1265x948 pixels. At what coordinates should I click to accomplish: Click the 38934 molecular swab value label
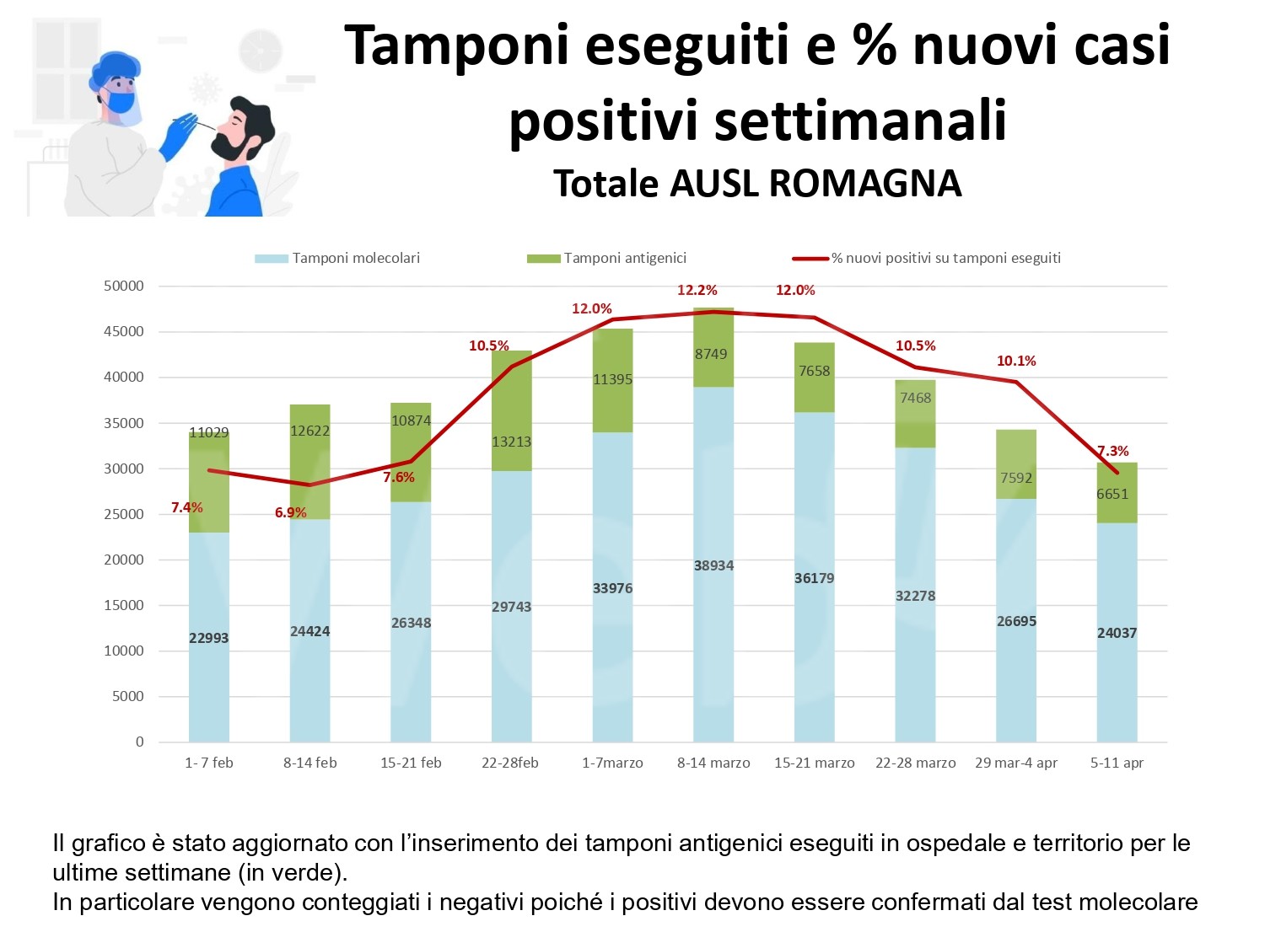pos(713,565)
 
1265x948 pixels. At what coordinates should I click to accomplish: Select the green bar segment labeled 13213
pos(512,410)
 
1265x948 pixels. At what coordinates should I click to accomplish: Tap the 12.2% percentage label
pos(697,290)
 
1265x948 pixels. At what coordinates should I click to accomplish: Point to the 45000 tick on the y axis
pos(124,331)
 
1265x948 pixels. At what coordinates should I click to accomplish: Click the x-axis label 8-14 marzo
pos(713,763)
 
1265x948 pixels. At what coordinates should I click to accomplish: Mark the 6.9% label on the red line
pos(291,512)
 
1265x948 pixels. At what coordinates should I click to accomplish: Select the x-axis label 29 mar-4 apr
pos(1016,763)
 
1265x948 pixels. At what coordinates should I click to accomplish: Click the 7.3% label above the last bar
pos(1112,451)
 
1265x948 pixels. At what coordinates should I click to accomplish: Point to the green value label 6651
pos(1112,494)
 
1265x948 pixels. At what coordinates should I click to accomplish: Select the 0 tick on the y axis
pos(140,742)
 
